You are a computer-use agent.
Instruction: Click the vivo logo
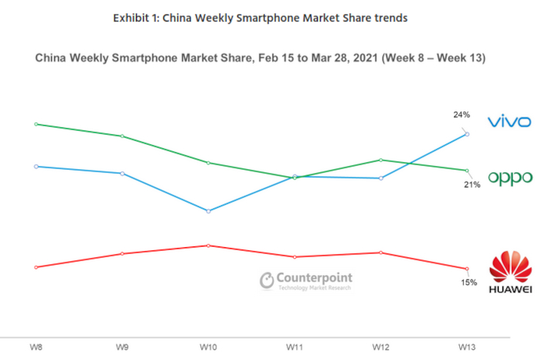click(509, 121)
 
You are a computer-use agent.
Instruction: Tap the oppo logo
click(510, 178)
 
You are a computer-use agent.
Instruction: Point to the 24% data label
click(462, 115)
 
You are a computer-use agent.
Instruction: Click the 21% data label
click(472, 185)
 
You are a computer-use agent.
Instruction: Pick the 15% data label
click(469, 282)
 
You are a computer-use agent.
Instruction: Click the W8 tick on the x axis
click(36, 348)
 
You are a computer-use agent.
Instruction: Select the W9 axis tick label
click(122, 348)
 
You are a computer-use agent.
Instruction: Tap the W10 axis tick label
click(208, 348)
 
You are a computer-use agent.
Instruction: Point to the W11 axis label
click(295, 348)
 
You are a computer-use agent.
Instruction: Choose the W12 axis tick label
click(380, 348)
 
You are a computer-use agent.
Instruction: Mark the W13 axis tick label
click(467, 348)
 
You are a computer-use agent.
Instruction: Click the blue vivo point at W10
click(208, 211)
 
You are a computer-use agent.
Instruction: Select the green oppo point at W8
click(36, 124)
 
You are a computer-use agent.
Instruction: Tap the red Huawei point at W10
click(208, 246)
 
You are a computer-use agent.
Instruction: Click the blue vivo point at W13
click(467, 134)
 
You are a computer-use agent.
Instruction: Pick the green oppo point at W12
click(380, 160)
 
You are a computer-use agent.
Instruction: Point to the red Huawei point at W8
click(36, 267)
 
